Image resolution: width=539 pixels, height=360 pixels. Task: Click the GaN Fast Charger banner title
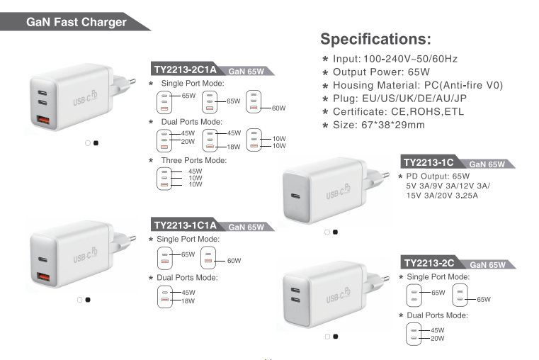76,22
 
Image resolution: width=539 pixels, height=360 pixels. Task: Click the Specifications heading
375,39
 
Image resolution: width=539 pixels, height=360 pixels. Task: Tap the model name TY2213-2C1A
186,69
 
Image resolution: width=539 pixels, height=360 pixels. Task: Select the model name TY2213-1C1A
186,225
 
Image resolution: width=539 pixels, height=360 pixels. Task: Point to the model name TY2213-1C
429,162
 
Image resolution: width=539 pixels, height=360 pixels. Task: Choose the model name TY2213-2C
429,263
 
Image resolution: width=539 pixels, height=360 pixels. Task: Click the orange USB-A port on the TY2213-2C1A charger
43,120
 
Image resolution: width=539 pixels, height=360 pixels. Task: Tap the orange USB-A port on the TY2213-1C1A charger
43,276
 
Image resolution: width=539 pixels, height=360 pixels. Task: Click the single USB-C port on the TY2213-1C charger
295,196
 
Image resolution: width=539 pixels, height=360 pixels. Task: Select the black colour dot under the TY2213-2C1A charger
96,143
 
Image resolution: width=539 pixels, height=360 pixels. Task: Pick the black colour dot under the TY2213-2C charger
336,337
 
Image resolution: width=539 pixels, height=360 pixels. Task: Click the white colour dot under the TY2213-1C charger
327,232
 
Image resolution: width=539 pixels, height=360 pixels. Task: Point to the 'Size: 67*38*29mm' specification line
378,125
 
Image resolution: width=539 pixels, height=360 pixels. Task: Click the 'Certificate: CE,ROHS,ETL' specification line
398,112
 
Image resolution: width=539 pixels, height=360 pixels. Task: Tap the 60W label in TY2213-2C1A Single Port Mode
279,108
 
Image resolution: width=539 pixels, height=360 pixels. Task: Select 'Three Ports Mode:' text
194,160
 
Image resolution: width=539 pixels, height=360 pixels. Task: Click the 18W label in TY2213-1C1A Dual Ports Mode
188,301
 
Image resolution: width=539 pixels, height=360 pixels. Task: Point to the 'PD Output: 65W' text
438,176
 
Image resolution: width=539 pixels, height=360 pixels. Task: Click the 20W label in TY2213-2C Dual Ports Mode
437,338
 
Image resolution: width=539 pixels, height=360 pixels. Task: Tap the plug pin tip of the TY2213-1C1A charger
133,237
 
